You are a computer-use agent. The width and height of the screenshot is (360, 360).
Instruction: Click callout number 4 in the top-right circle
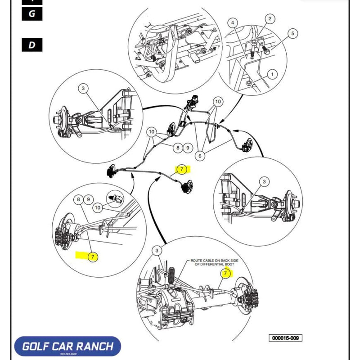coord(233,23)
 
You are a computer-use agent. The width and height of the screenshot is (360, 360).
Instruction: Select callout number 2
coord(270,18)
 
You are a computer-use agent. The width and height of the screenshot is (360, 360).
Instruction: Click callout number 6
coord(200,156)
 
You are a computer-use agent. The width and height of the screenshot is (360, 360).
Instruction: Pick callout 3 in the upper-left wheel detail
coord(83,89)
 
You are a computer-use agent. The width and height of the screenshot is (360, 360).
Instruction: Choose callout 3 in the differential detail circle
coord(157,251)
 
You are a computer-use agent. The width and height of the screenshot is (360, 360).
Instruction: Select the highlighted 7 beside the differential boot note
coord(225,273)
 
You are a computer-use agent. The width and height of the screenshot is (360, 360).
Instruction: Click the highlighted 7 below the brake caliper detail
coord(92,257)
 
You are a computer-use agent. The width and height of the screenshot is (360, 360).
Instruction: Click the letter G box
coord(32,13)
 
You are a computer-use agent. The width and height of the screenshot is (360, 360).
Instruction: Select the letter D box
coord(32,45)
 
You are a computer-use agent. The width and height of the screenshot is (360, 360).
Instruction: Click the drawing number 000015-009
coord(284,338)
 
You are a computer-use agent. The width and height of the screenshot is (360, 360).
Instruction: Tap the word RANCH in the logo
coord(97,347)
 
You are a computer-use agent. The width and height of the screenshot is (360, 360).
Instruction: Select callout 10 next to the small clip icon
coord(97,207)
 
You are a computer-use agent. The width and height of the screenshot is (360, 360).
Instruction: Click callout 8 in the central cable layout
coord(178,147)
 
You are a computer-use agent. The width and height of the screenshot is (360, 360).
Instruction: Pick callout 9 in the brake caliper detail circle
coord(88,199)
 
